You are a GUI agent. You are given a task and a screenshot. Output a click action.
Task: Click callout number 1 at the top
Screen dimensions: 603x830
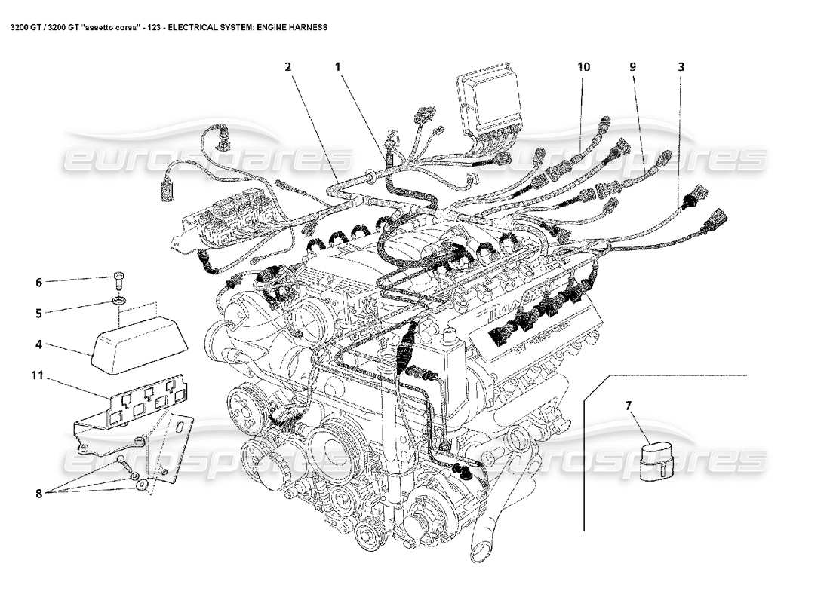(339, 66)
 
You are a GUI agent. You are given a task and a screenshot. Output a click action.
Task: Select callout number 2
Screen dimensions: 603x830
(287, 66)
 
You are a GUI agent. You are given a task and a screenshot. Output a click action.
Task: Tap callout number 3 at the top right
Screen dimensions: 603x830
(681, 66)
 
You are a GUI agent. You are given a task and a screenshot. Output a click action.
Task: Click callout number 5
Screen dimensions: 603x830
(39, 311)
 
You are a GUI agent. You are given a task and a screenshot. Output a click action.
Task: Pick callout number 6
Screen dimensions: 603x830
(39, 283)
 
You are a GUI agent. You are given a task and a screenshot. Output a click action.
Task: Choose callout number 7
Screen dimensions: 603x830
(628, 406)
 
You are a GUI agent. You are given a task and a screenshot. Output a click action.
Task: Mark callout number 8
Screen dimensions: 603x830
(39, 494)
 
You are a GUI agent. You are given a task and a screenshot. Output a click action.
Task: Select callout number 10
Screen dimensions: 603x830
(583, 66)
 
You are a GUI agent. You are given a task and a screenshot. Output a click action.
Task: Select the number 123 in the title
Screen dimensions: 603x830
(151, 26)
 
